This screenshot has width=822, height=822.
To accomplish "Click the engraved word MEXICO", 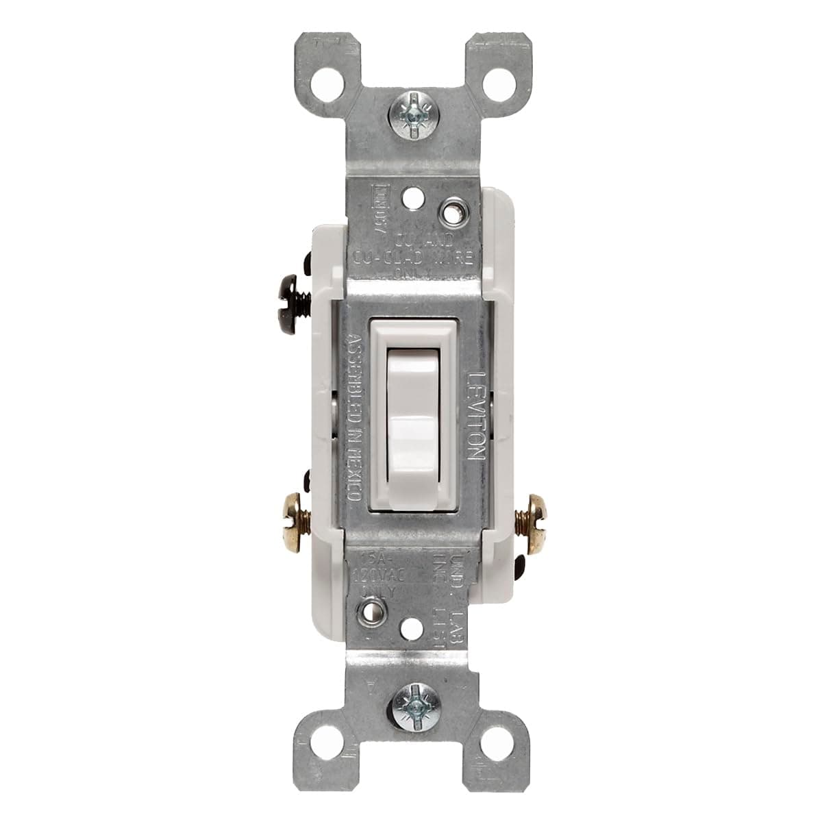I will pos(354,466).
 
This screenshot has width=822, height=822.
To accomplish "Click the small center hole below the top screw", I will pos(411,199).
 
